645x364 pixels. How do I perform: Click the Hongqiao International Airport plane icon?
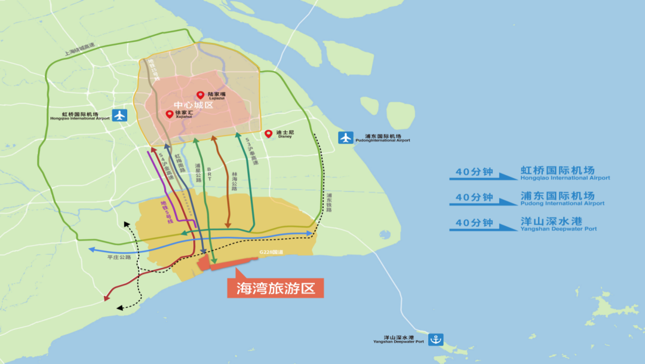[120, 115]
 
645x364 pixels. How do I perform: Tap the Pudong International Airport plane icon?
[346, 137]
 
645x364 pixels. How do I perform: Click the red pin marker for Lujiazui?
[201, 95]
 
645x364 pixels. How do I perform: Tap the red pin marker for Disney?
[269, 133]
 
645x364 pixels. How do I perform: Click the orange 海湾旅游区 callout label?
[275, 287]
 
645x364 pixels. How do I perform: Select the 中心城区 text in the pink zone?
[193, 105]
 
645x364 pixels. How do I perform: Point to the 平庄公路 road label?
[119, 257]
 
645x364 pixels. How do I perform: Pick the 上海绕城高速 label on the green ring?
[80, 50]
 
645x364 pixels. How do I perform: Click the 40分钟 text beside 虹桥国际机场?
[474, 172]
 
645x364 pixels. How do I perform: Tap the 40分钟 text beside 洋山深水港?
[474, 223]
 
